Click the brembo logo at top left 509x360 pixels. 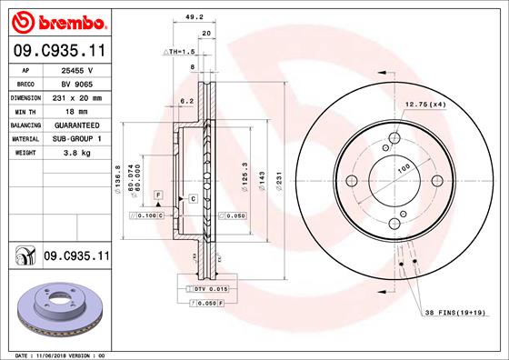click(57, 20)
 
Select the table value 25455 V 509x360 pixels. click(78, 70)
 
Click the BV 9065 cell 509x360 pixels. click(78, 84)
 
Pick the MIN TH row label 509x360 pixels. click(24, 111)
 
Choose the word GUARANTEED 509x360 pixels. click(78, 125)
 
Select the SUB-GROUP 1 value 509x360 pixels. click(78, 138)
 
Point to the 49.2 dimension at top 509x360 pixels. click(192, 15)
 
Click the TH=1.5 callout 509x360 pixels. click(179, 53)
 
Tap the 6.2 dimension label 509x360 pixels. click(188, 101)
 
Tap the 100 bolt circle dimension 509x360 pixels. click(401, 167)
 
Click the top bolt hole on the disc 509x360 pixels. click(394, 139)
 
